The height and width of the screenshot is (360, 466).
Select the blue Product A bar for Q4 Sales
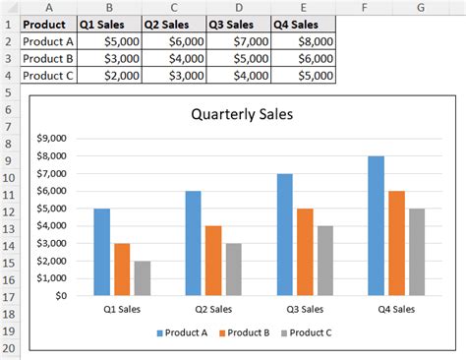[x=375, y=225]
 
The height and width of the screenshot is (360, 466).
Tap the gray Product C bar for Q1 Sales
[x=143, y=278]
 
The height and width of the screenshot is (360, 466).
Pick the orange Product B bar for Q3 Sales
[x=304, y=252]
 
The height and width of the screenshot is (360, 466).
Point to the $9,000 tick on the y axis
[x=50, y=139]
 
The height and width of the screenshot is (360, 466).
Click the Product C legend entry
[x=307, y=332]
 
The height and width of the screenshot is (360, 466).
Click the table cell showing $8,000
[x=304, y=41]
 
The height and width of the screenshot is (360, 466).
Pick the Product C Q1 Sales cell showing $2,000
[x=109, y=75]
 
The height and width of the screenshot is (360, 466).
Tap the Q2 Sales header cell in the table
[x=173, y=25]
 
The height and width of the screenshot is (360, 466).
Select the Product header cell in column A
[x=47, y=25]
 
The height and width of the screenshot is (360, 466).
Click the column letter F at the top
[x=365, y=8]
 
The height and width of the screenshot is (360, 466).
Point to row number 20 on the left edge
[x=9, y=350]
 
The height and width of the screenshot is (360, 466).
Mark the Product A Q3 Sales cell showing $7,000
[x=239, y=41]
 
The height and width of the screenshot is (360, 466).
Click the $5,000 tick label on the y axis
[x=50, y=209]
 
